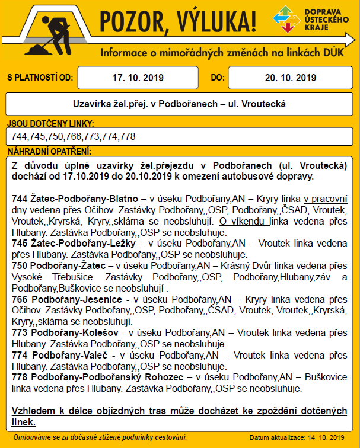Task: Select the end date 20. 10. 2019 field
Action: tap(290, 78)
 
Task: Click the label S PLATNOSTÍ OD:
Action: tap(39, 78)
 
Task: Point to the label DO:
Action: tap(218, 78)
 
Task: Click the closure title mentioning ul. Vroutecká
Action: tap(179, 104)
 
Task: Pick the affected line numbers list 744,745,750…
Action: tap(74, 136)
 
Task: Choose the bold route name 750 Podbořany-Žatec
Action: tap(59, 266)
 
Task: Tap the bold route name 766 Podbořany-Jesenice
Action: tap(66, 300)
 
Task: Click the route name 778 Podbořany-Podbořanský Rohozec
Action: tap(98, 377)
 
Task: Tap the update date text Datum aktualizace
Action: tap(297, 438)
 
